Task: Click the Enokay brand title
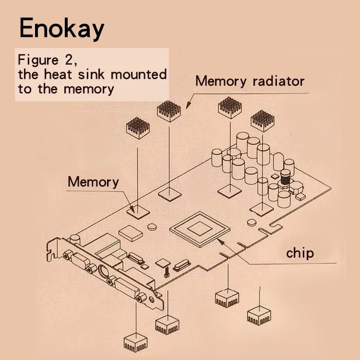pyautogui.click(x=61, y=29)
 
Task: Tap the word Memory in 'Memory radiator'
pyautogui.click(x=221, y=81)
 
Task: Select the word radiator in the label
pyautogui.click(x=278, y=81)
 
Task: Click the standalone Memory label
pyautogui.click(x=93, y=182)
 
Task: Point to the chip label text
pyautogui.click(x=300, y=252)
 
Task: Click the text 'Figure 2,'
pyautogui.click(x=47, y=61)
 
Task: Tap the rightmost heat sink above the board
pyautogui.click(x=262, y=120)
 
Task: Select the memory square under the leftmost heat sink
pyautogui.click(x=137, y=209)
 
